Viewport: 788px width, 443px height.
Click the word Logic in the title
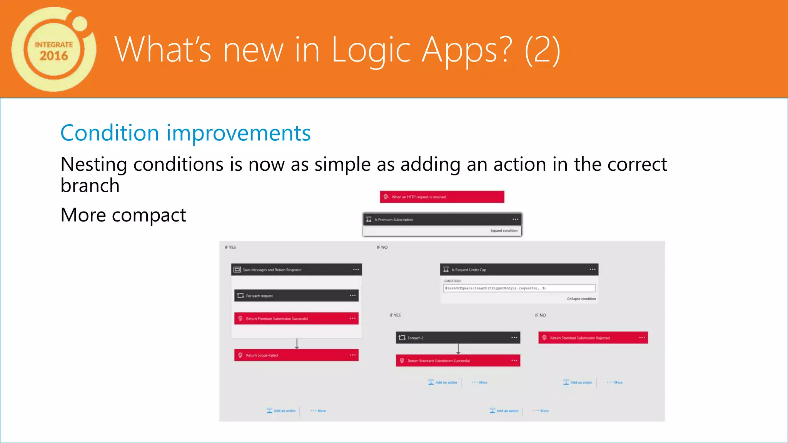371,50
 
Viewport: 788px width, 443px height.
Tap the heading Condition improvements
185,133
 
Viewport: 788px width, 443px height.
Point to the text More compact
123,215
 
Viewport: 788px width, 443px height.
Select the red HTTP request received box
442,197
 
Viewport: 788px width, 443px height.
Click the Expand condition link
504,231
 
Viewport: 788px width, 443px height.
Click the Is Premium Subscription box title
394,220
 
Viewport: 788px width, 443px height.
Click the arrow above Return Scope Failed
297,344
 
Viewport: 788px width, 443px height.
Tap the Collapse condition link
581,299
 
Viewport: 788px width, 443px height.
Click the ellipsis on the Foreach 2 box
514,338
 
